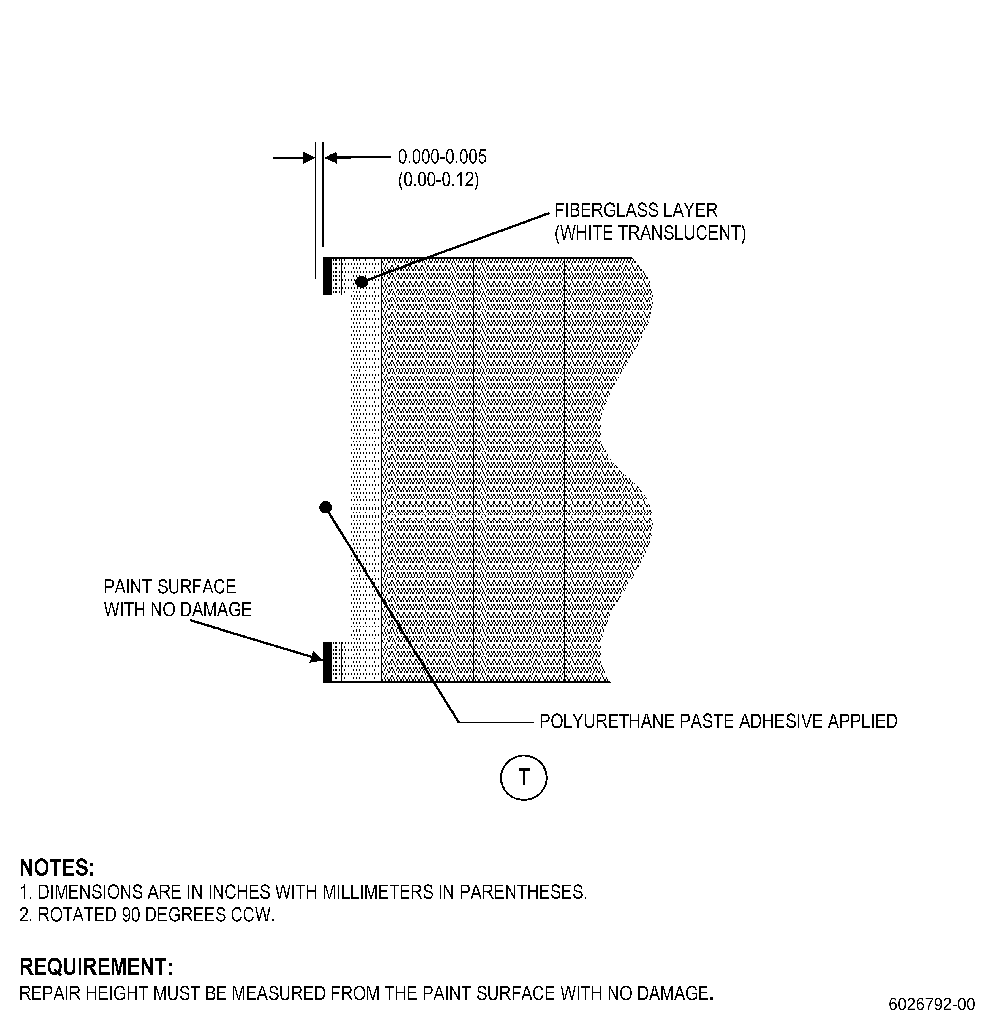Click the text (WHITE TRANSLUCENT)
coord(650,233)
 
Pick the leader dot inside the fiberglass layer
coord(361,282)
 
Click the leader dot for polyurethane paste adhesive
coord(325,507)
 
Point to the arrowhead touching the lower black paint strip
coord(317,656)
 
